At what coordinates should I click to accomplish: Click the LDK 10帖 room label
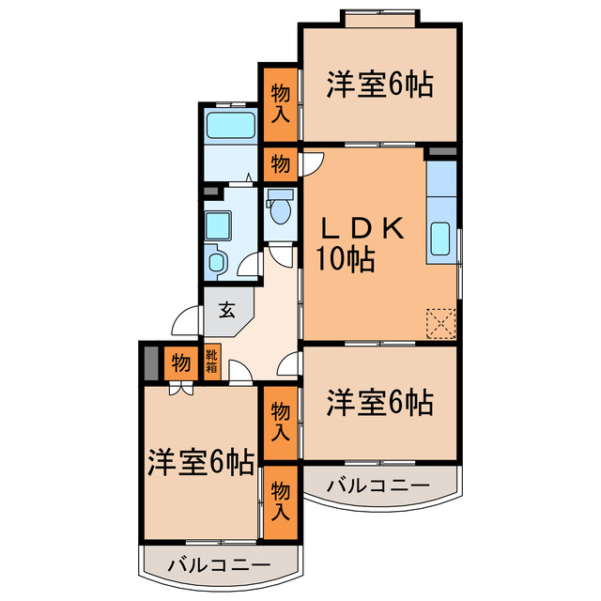click(361, 243)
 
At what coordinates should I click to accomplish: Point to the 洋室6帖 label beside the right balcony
click(379, 403)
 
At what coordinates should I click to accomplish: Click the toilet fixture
click(279, 208)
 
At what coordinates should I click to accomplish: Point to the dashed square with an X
click(439, 322)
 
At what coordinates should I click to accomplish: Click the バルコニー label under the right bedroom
click(378, 485)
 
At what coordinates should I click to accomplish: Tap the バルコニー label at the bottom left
click(219, 565)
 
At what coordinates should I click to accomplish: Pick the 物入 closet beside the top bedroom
click(280, 103)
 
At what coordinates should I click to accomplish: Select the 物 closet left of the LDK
click(280, 164)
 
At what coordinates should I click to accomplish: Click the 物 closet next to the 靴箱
click(180, 362)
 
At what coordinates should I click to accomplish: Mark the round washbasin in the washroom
click(217, 262)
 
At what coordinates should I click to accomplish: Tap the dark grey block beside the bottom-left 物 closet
click(149, 362)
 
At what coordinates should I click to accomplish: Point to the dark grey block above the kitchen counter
click(440, 150)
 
